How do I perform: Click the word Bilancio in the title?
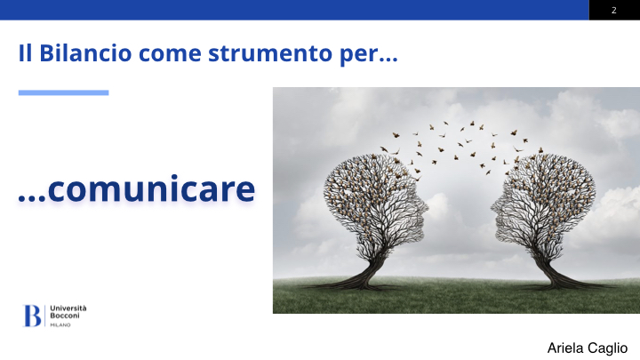click(85, 53)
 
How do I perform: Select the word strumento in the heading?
click(270, 54)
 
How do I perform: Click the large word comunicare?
click(151, 188)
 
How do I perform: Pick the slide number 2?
click(614, 10)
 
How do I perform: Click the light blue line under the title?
click(63, 92)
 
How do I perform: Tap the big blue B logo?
click(32, 316)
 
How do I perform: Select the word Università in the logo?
click(68, 308)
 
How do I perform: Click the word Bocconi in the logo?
click(65, 316)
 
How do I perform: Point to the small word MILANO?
click(60, 325)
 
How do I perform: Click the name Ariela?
click(565, 348)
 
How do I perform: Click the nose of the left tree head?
click(426, 207)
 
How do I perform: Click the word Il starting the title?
click(25, 53)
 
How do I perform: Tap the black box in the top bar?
click(614, 10)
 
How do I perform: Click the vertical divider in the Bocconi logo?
click(45, 316)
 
